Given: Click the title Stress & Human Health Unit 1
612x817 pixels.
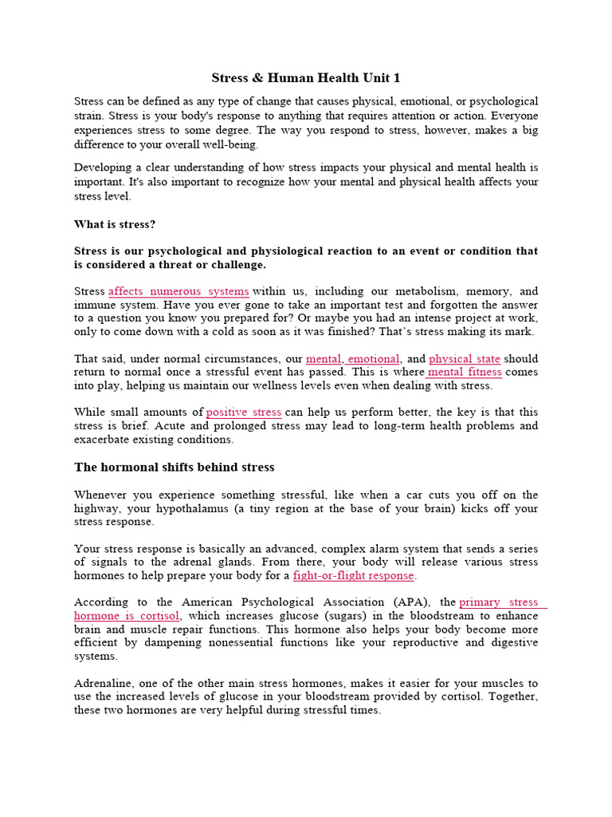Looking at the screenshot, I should tap(306, 77).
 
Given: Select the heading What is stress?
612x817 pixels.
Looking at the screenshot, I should tap(115, 224).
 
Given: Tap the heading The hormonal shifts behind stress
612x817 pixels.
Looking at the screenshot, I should tap(174, 467).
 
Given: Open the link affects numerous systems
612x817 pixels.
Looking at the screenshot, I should tap(178, 291).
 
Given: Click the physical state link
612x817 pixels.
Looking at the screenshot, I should tap(465, 359).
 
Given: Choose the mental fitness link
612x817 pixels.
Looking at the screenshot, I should tap(465, 372).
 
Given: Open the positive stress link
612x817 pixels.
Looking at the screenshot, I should tap(244, 412).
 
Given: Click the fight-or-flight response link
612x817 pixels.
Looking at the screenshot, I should tap(354, 575).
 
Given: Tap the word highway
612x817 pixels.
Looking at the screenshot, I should tap(96, 508).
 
